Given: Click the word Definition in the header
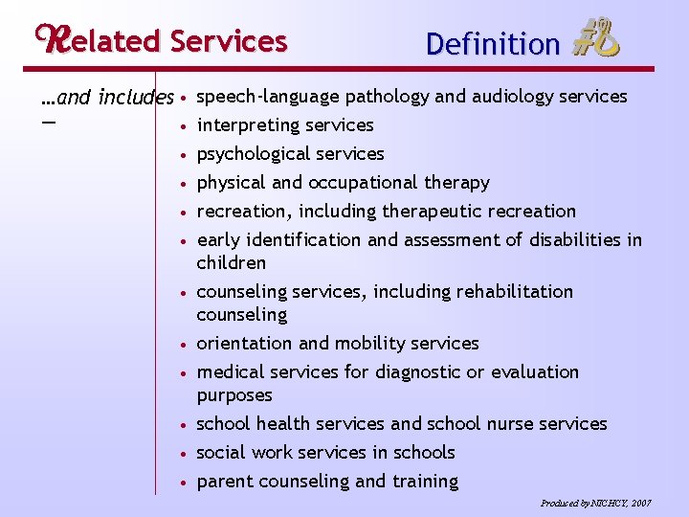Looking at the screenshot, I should pos(493,44).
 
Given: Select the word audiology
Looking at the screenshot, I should pos(510,96).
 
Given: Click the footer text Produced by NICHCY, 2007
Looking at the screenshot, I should pos(595,503).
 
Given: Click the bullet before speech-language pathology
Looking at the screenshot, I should pos(183,98).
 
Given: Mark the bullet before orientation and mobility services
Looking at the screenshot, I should pos(183,345).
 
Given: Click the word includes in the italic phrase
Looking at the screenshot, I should pos(136,98).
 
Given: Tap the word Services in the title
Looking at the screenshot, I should pos(228,41).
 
